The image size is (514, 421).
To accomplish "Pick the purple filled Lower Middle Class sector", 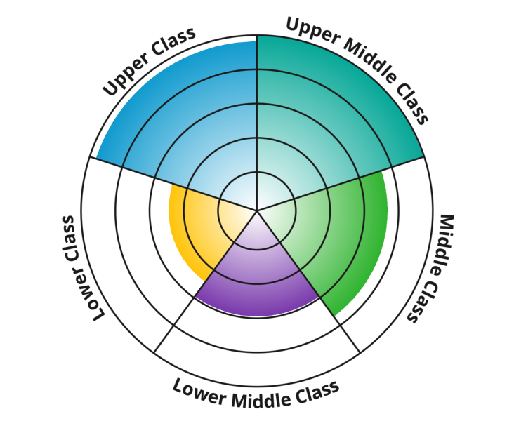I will (257, 274).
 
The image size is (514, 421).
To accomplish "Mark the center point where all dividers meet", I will (257, 210).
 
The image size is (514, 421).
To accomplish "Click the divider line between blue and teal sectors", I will (257, 105).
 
